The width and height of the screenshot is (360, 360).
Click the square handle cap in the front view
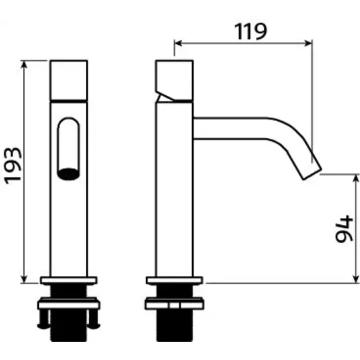click(x=69, y=80)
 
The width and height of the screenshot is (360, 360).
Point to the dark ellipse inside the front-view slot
click(x=69, y=174)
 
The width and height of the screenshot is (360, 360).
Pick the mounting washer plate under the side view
click(x=174, y=304)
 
